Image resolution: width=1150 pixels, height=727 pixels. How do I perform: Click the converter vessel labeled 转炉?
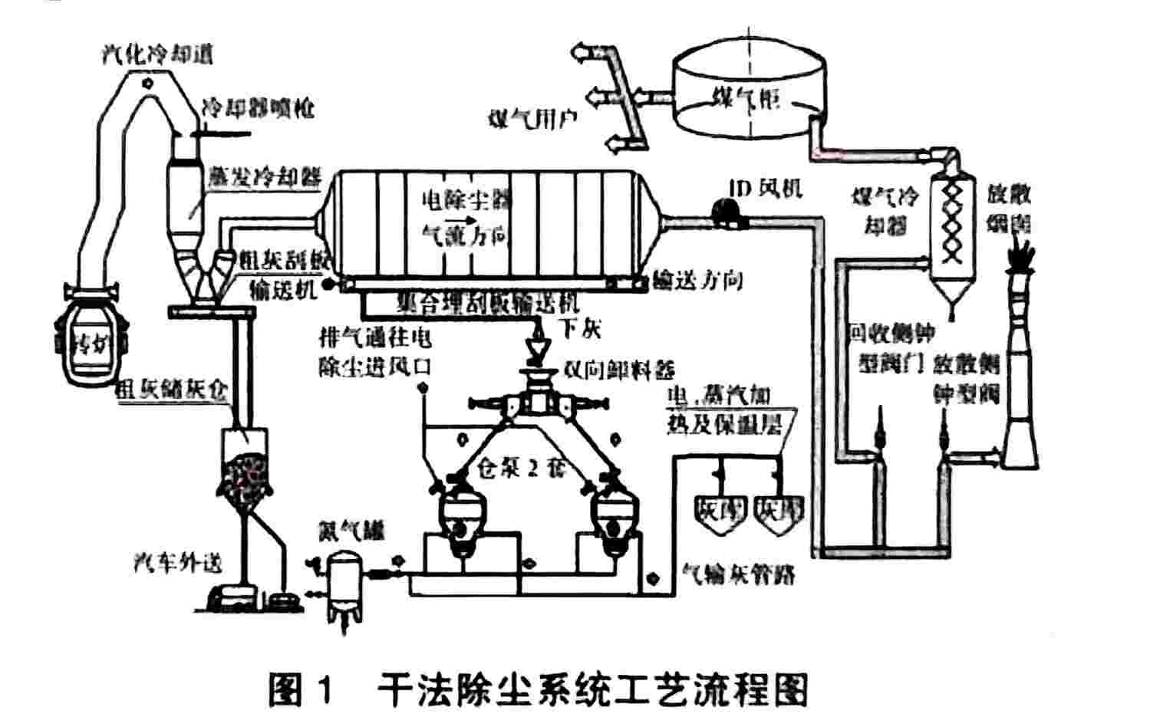point(91,342)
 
